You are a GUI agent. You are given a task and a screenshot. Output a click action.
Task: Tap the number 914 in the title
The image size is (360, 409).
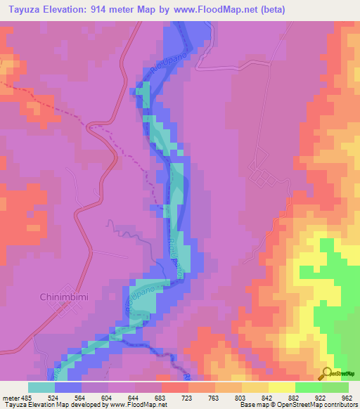pyautogui.click(x=106, y=9)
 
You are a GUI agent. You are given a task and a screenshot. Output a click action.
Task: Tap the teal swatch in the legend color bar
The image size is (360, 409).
pyautogui.click(x=41, y=387)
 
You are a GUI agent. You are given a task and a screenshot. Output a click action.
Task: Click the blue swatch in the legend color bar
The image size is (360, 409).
pyautogui.click(x=68, y=387)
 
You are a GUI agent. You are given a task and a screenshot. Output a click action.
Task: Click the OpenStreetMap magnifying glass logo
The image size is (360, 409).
pyautogui.click(x=328, y=373)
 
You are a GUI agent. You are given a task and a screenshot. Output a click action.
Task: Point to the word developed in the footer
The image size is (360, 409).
pyautogui.click(x=85, y=405)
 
